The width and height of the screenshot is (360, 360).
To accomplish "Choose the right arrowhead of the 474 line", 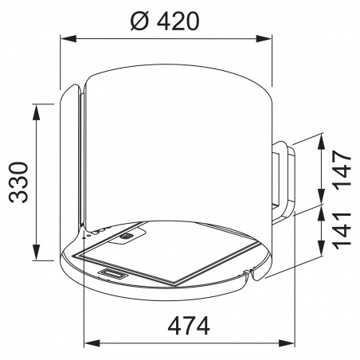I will (287, 345).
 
